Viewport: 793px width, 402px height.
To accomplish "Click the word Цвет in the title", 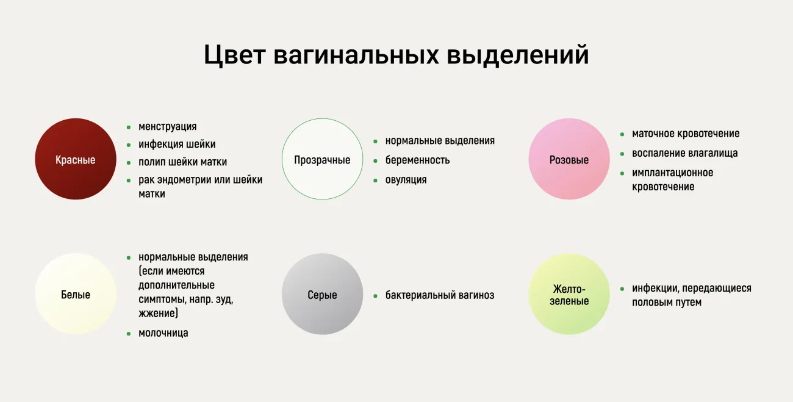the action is tap(234, 55).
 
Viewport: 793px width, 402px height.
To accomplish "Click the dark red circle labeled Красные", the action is tap(76, 159).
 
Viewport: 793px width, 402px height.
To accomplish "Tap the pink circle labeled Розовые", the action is tap(569, 159).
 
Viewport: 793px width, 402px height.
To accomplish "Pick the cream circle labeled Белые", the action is tap(76, 293).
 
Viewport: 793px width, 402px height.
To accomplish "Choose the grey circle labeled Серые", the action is tap(322, 293).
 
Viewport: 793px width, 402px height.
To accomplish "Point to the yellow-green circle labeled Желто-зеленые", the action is tap(569, 293).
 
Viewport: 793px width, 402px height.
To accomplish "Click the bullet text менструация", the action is tap(168, 127).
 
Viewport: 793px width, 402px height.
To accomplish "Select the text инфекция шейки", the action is tap(177, 145).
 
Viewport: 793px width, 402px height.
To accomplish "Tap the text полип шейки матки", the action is tap(182, 162).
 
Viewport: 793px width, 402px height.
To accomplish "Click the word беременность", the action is tap(417, 160).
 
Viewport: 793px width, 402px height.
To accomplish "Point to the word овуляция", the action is tap(406, 180).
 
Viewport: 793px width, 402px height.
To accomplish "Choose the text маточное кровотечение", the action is tap(686, 134).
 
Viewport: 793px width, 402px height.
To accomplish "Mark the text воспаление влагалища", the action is tap(684, 153).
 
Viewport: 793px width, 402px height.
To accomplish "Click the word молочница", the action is tap(163, 333).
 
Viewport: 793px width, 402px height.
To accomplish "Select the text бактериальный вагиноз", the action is tap(440, 295).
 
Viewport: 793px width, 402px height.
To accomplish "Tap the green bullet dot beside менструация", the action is tap(129, 127).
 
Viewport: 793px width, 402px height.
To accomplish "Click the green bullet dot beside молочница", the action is tap(129, 334).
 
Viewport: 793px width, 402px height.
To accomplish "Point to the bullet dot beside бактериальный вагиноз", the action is tap(375, 296).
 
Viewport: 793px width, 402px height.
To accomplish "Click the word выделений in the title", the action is tap(517, 55).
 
